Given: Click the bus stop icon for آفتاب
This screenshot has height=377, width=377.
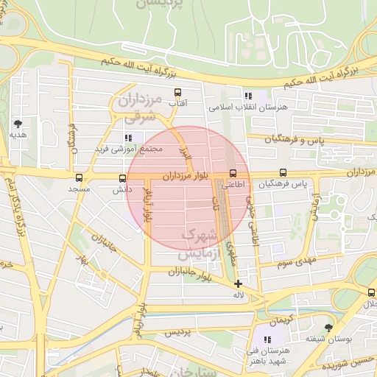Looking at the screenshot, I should click(x=177, y=93).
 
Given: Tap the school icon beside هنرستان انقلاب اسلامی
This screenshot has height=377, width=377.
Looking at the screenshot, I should click(x=247, y=96).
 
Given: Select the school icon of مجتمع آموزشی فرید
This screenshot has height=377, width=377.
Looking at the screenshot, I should click(x=128, y=137).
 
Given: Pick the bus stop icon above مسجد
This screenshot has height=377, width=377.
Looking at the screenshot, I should click(x=79, y=177).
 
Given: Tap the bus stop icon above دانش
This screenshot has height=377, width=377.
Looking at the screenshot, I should click(x=122, y=177).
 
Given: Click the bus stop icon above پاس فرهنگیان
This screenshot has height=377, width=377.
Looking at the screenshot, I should click(x=283, y=173).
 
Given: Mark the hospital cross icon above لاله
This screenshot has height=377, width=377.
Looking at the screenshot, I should click(x=237, y=283).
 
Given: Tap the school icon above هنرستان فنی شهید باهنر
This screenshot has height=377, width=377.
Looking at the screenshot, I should click(x=267, y=339).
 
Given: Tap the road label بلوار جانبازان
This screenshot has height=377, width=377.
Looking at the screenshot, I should click(x=169, y=272).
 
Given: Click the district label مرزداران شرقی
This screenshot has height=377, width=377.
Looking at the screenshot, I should click(x=138, y=107).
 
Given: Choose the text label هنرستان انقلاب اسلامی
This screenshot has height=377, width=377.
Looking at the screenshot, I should click(x=247, y=108).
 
